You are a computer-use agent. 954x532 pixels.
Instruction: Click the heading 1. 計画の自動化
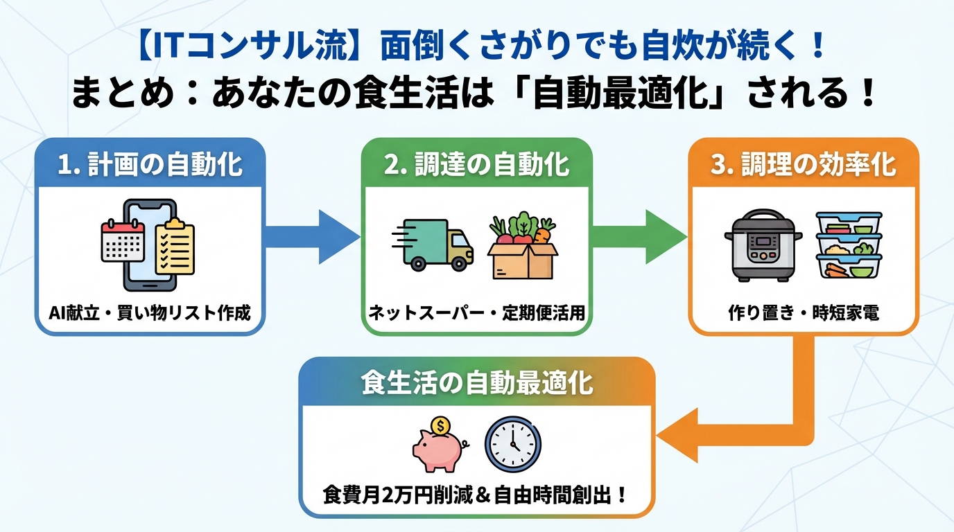pyautogui.click(x=150, y=166)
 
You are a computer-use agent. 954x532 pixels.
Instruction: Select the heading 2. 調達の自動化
pyautogui.click(x=477, y=166)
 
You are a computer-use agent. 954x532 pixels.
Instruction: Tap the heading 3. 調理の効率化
pyautogui.click(x=804, y=166)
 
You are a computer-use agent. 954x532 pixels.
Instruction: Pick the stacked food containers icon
pyautogui.click(x=848, y=246)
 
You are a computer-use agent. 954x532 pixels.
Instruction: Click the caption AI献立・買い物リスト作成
pyautogui.click(x=150, y=313)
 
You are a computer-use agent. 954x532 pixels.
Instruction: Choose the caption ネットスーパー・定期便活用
pyautogui.click(x=477, y=313)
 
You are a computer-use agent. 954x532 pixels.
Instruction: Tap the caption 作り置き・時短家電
pyautogui.click(x=804, y=313)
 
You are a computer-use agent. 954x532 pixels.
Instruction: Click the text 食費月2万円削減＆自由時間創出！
pyautogui.click(x=477, y=495)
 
